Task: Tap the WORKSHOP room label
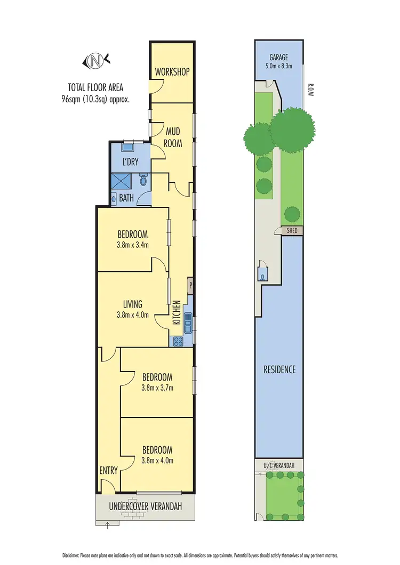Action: pos(172,72)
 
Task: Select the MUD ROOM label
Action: pos(173,138)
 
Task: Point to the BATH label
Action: pos(126,198)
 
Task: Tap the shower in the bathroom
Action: pos(121,182)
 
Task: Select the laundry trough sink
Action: pos(128,147)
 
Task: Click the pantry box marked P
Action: pos(190,286)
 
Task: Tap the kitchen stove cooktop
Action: pos(177,342)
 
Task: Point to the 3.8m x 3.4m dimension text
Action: pos(132,245)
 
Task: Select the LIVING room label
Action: pos(132,304)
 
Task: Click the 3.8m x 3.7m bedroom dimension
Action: pos(157,388)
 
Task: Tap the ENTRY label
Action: pos(109,471)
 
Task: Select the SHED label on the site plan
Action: pos(291,231)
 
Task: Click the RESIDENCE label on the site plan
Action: pos(279,369)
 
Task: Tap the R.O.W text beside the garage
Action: pos(310,89)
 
